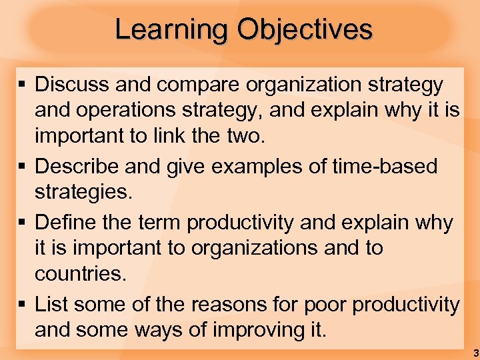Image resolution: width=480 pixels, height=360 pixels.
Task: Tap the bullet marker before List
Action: tap(23, 304)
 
